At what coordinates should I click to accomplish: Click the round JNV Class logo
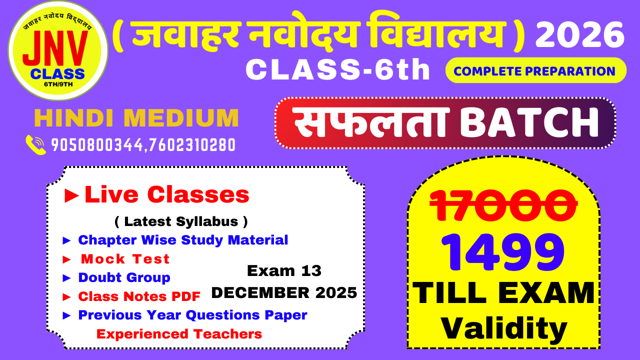pos(58,51)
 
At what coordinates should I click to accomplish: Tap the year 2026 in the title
pos(580,35)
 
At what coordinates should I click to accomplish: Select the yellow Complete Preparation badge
pos(535,70)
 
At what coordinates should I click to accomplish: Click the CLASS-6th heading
pos(338,70)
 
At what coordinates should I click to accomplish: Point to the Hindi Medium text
pos(136,118)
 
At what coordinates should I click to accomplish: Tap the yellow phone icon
pos(36,144)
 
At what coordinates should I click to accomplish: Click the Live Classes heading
pos(166,194)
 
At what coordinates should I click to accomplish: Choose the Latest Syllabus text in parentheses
pos(181,221)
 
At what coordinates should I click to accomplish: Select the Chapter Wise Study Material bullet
pos(183,240)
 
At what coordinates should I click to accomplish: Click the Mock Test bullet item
pos(125,259)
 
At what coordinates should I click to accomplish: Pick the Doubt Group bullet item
pos(124,277)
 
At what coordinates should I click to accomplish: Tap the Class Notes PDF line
pos(139,296)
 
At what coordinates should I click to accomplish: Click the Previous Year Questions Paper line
pos(192,315)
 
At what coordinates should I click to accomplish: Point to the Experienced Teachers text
pos(179,333)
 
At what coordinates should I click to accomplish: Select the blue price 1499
pos(502,253)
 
